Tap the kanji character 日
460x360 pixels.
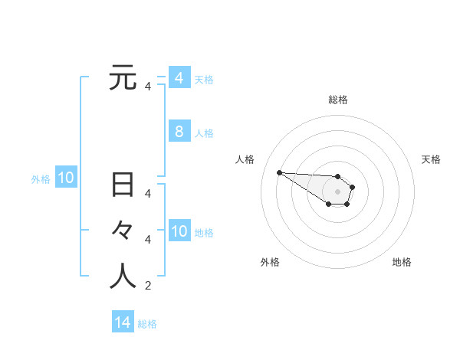(123, 185)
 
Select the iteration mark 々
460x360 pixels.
(123, 231)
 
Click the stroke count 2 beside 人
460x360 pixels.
(148, 286)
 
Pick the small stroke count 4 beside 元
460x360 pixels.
(148, 87)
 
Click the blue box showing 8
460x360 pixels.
(179, 132)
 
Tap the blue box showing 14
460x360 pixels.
(123, 322)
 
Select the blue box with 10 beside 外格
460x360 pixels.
(66, 178)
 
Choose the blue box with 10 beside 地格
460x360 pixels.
(179, 231)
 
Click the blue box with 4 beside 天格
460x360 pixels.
(179, 78)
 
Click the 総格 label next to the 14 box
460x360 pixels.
(147, 324)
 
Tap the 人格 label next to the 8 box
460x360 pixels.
(204, 133)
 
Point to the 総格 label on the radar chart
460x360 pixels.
(338, 100)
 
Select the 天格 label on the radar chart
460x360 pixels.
(431, 159)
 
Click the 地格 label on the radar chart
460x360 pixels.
(402, 262)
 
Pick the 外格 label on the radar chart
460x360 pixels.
(270, 262)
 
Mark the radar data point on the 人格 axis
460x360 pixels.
(279, 172)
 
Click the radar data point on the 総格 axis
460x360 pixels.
(338, 176)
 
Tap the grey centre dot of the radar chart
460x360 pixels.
(338, 191)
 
